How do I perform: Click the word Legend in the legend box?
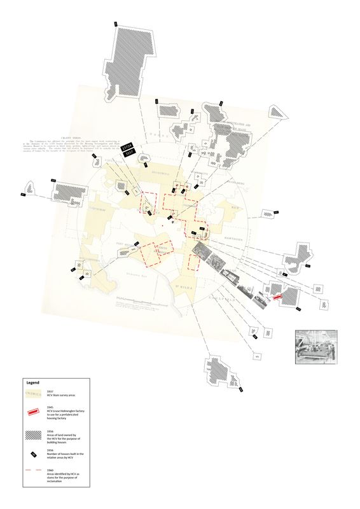coord(32,383)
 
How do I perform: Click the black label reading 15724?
coord(127,146)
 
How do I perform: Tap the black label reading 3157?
coord(129,153)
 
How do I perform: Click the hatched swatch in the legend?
coord(32,435)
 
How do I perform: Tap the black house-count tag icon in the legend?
coord(32,454)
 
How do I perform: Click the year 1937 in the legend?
coord(51,391)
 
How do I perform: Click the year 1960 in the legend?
coord(51,468)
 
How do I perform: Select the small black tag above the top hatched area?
coord(115,24)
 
